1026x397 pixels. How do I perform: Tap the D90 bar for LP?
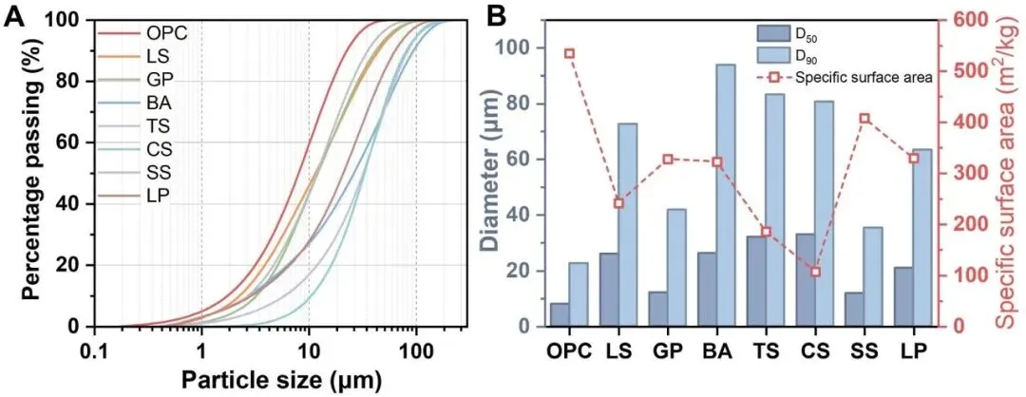(921, 237)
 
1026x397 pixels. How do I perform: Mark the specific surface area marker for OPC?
(569, 53)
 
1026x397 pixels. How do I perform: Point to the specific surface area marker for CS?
(815, 272)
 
